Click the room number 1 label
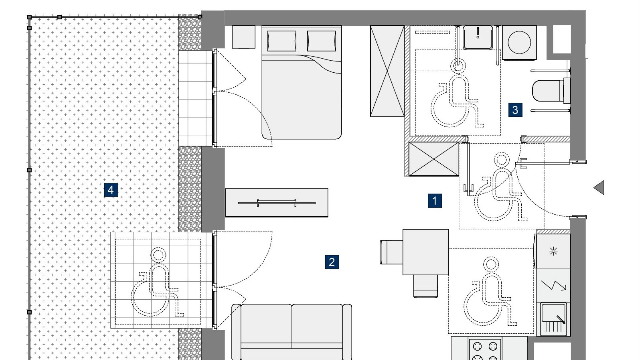click(435, 201)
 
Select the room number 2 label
click(332, 262)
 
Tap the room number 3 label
click(515, 110)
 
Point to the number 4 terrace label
click(111, 190)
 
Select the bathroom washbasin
click(478, 38)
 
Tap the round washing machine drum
click(519, 42)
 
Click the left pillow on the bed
click(282, 41)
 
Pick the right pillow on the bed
click(321, 41)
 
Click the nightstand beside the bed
click(243, 37)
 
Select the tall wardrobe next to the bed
click(387, 71)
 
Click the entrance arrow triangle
click(599, 188)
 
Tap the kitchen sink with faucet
click(553, 319)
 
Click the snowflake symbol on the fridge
click(553, 251)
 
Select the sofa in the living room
click(292, 332)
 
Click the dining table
click(425, 252)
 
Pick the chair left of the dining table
click(392, 252)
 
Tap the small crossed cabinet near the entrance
click(434, 159)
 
